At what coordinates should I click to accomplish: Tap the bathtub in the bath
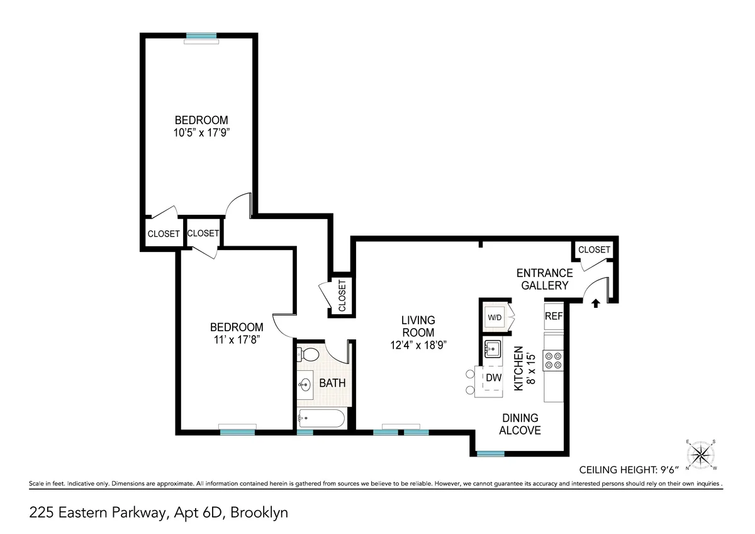(x=321, y=417)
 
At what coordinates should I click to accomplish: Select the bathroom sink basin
(x=306, y=383)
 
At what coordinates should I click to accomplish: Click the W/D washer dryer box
(x=495, y=317)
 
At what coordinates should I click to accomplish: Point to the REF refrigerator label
(x=553, y=316)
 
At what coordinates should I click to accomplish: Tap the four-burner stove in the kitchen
(x=554, y=360)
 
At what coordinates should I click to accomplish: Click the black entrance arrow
(x=596, y=304)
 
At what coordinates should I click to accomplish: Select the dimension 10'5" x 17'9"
(x=201, y=133)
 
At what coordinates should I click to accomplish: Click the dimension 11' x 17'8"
(x=236, y=339)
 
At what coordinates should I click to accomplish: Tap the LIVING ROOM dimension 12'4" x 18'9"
(x=418, y=344)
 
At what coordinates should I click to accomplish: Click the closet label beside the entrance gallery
(x=594, y=250)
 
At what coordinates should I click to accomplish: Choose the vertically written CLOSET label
(x=342, y=296)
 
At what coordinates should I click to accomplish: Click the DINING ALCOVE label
(x=520, y=424)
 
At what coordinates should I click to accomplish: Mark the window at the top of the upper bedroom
(x=201, y=36)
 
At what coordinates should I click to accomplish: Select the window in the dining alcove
(x=490, y=453)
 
